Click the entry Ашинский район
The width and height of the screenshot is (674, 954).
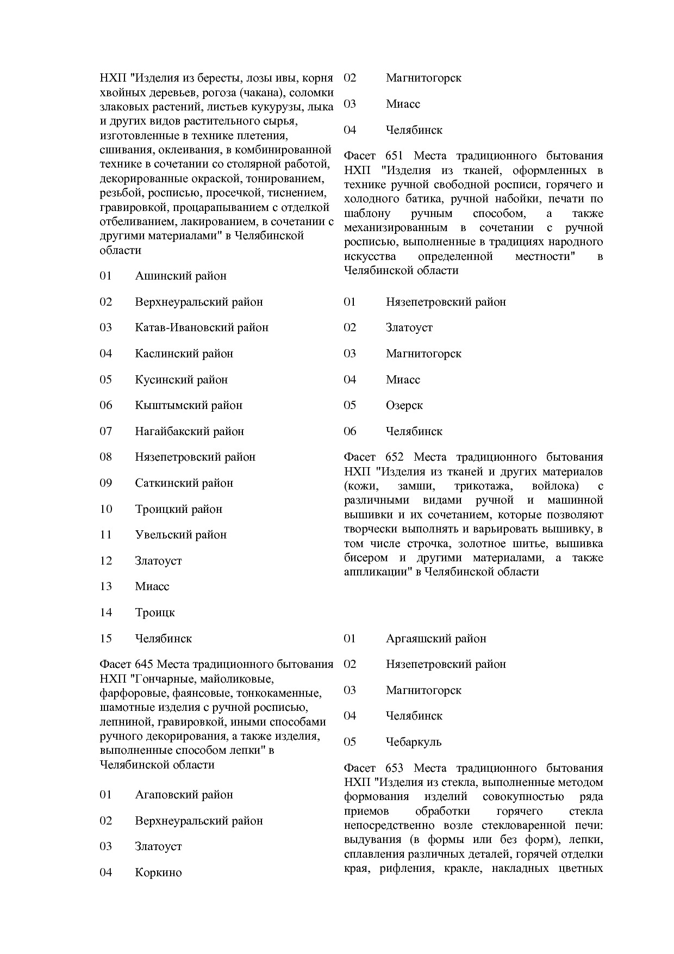180,276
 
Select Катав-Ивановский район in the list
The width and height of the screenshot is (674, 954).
202,328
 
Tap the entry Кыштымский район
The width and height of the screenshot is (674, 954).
189,406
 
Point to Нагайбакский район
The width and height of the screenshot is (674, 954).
189,432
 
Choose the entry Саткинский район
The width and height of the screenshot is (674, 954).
184,484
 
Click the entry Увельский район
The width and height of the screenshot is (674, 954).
180,535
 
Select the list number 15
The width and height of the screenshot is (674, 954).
105,639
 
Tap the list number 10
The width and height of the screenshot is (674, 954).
105,510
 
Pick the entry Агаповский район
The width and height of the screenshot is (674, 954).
184,795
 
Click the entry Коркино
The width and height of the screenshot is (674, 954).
158,873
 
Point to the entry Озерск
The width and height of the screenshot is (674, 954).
404,406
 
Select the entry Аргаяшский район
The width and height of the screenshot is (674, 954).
436,639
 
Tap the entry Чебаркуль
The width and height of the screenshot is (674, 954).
413,742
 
